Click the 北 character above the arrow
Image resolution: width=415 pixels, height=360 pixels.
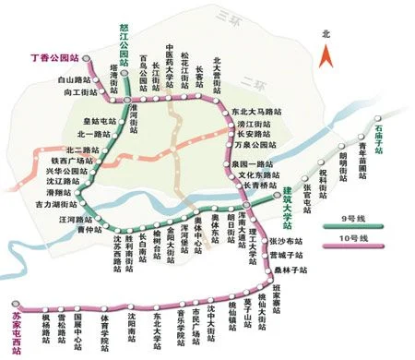[325, 34]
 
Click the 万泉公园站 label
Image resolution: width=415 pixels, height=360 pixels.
[257, 145]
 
